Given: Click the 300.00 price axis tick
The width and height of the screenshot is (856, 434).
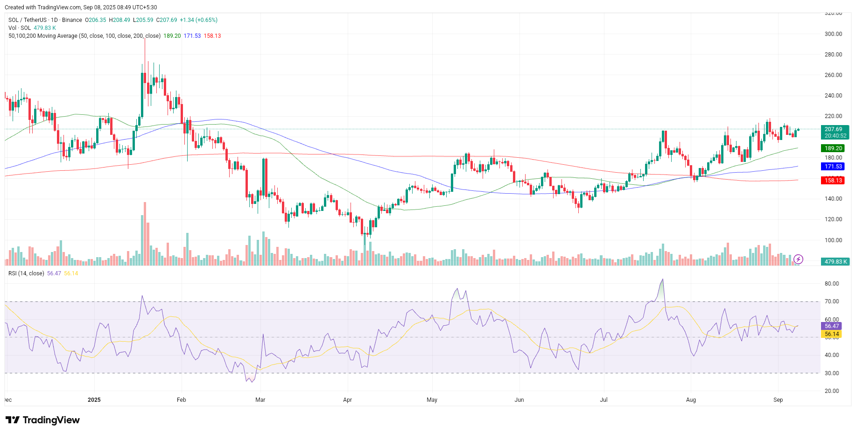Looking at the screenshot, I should click(833, 34).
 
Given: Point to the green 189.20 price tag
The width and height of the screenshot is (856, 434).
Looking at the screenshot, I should click(833, 148).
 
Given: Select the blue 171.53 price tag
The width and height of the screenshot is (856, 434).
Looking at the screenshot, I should click(833, 167).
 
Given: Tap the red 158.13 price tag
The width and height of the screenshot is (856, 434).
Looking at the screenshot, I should click(833, 181).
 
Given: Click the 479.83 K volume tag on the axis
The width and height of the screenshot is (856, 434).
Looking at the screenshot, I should click(835, 262).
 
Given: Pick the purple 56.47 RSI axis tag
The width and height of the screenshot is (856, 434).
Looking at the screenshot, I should click(831, 326).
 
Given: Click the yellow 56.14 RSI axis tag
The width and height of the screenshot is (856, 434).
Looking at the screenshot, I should click(831, 334).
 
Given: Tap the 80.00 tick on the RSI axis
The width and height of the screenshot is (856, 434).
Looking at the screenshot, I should click(831, 284).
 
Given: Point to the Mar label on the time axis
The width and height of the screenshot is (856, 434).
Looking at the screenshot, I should click(260, 400).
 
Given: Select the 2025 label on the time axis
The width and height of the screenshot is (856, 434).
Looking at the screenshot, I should click(94, 400).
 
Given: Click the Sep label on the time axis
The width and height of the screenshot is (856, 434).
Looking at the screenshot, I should click(778, 400).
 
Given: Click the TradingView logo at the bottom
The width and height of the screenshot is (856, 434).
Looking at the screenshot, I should click(43, 420).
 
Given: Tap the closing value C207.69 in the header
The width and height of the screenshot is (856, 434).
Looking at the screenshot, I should click(167, 20).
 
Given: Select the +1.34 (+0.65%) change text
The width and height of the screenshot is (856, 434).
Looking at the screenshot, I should click(198, 20).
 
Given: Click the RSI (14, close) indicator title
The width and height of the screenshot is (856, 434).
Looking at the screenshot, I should click(26, 273).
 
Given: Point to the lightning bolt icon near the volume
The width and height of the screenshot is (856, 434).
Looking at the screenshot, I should click(798, 259).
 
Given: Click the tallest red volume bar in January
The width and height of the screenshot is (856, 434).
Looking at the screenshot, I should click(145, 233).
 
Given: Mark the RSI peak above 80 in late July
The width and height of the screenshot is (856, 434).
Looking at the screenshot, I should click(662, 280).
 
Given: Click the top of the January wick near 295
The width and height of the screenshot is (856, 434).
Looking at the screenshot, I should click(145, 39).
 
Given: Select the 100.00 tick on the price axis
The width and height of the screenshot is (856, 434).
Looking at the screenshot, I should click(833, 240).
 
